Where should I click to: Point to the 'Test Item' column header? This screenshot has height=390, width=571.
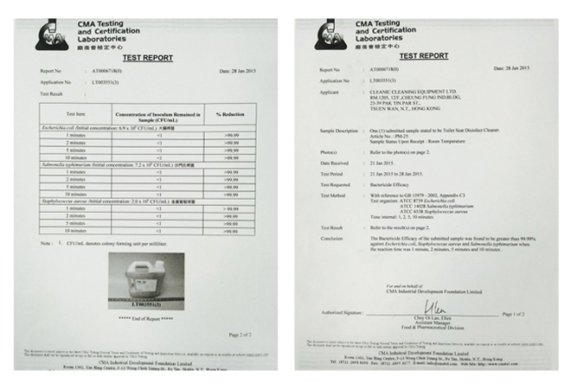click(75, 114)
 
